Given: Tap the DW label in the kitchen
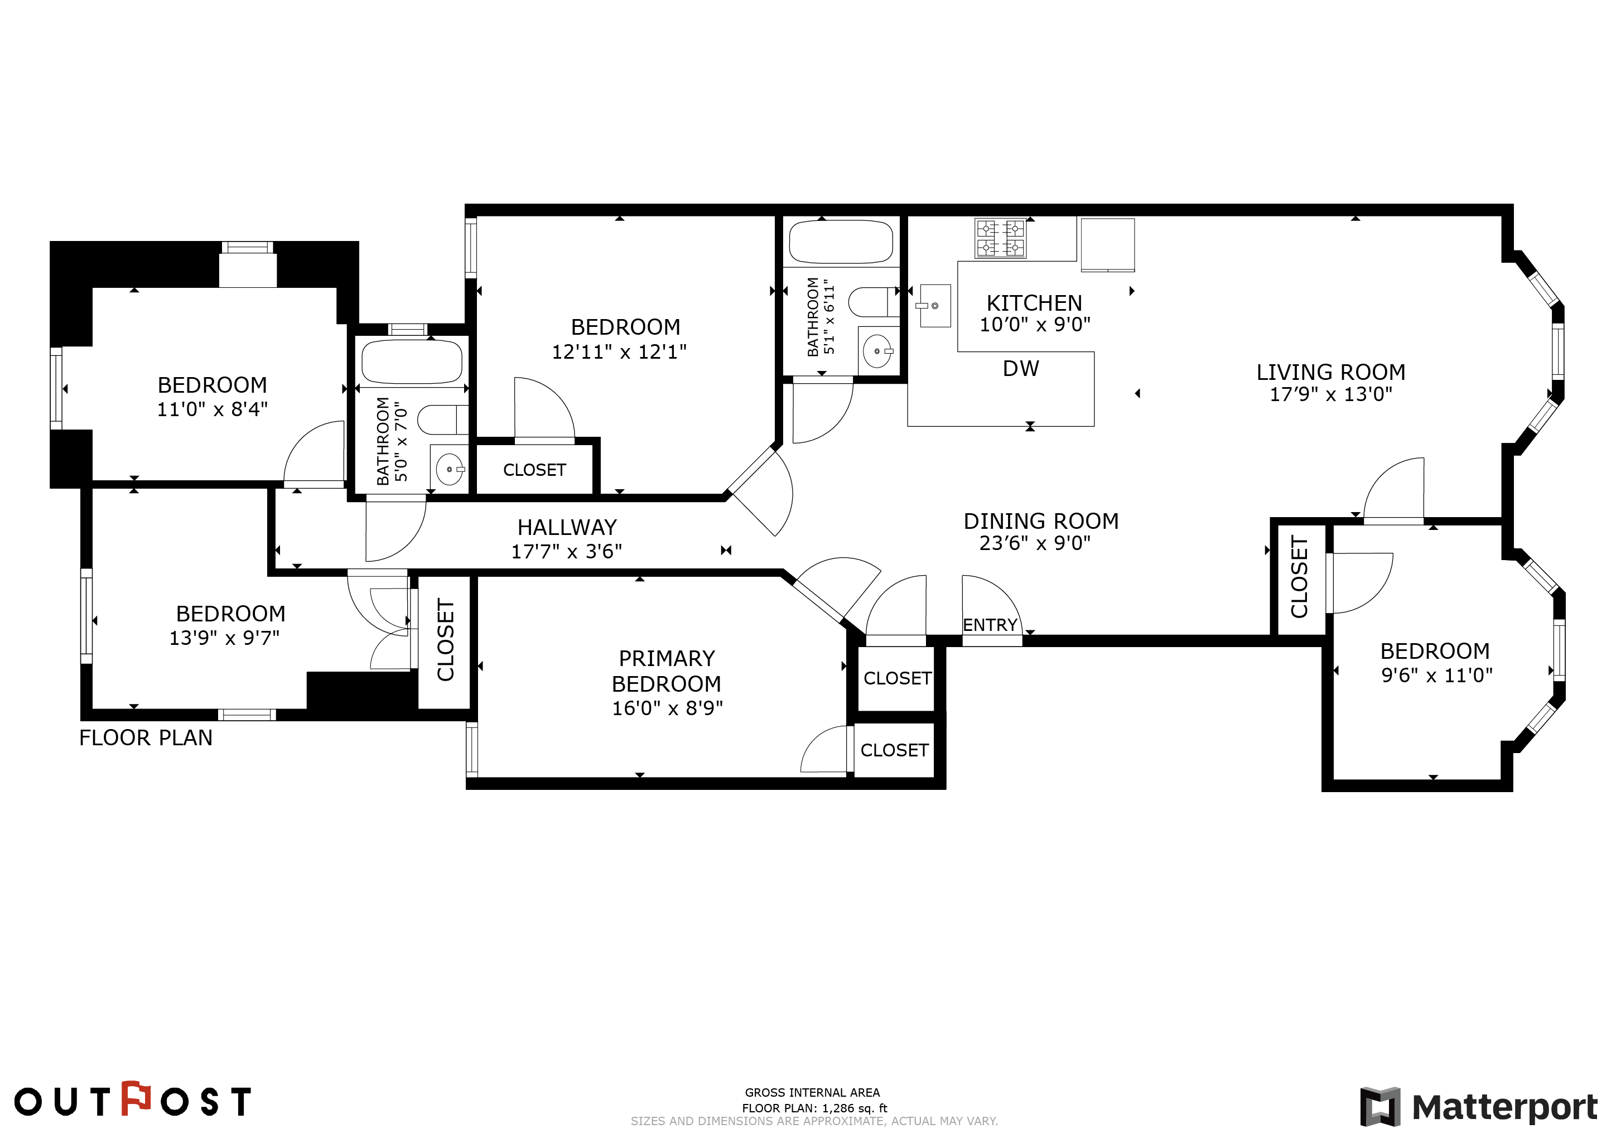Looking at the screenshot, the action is pos(1021,369).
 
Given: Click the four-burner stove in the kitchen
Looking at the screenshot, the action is pos(1000,238).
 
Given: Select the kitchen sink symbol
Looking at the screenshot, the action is pos(935,306).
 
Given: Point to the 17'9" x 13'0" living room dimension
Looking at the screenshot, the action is pos(1331,394).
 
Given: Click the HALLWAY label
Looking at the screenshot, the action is pos(567,527).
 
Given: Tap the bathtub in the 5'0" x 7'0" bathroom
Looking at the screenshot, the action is pos(412,362).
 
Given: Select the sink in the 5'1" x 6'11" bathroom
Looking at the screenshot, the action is pos(877,350).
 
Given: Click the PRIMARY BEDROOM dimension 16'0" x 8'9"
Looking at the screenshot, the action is pos(667,708).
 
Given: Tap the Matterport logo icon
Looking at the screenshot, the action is pos(1380,1106).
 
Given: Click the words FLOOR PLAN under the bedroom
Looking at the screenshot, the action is pos(146,737).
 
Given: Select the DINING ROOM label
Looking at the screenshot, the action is pos(1041,521).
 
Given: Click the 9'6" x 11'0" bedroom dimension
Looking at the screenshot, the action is pos(1436,676).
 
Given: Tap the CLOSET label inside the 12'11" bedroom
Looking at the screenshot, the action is pos(534,470).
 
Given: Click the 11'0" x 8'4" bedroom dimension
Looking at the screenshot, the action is pos(212,409).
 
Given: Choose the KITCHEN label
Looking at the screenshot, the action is pos(1034,303).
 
